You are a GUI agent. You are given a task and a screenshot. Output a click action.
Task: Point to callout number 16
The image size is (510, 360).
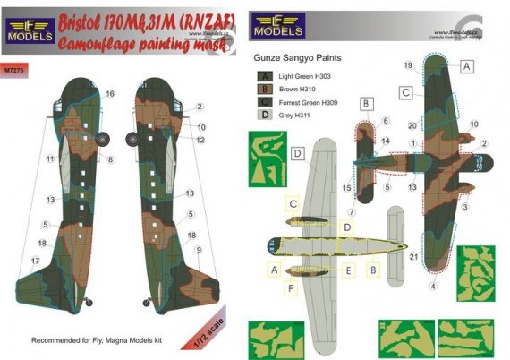point(110,93)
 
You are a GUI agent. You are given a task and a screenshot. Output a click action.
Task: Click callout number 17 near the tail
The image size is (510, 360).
point(35,261)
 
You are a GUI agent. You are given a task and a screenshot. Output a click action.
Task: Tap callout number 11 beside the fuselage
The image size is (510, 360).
point(51,159)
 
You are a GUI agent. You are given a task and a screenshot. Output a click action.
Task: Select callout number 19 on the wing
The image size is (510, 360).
point(407,65)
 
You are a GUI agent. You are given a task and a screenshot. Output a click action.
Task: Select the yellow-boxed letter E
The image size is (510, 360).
point(348,269)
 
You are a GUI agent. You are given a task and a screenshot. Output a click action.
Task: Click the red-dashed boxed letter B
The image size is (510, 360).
point(366,103)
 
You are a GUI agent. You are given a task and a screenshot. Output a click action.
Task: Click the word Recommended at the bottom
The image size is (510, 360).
point(59,341)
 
